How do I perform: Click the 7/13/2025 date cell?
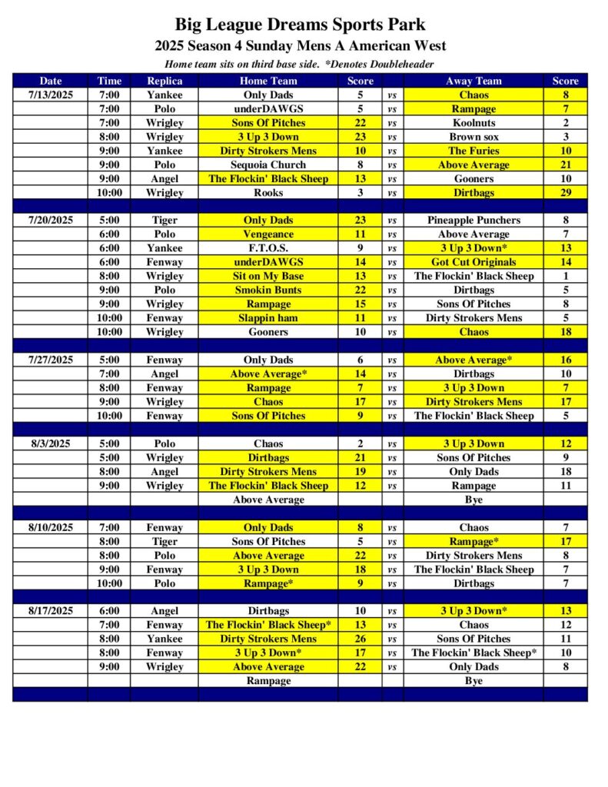(50, 95)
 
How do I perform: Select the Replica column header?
(164, 81)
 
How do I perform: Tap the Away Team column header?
(473, 81)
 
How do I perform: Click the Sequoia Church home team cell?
(267, 165)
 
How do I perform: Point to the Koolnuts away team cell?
(473, 123)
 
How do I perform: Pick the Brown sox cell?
(473, 137)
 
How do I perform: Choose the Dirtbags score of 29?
(565, 193)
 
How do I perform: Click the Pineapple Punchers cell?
(473, 221)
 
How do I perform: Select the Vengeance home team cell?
(267, 234)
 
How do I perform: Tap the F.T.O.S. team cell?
(267, 248)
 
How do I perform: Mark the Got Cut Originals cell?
(473, 262)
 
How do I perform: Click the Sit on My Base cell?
(267, 276)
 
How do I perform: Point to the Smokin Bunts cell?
(267, 291)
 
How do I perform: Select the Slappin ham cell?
(267, 318)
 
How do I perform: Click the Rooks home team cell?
(267, 193)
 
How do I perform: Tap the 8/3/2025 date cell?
(50, 444)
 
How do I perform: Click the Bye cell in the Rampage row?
(473, 681)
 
